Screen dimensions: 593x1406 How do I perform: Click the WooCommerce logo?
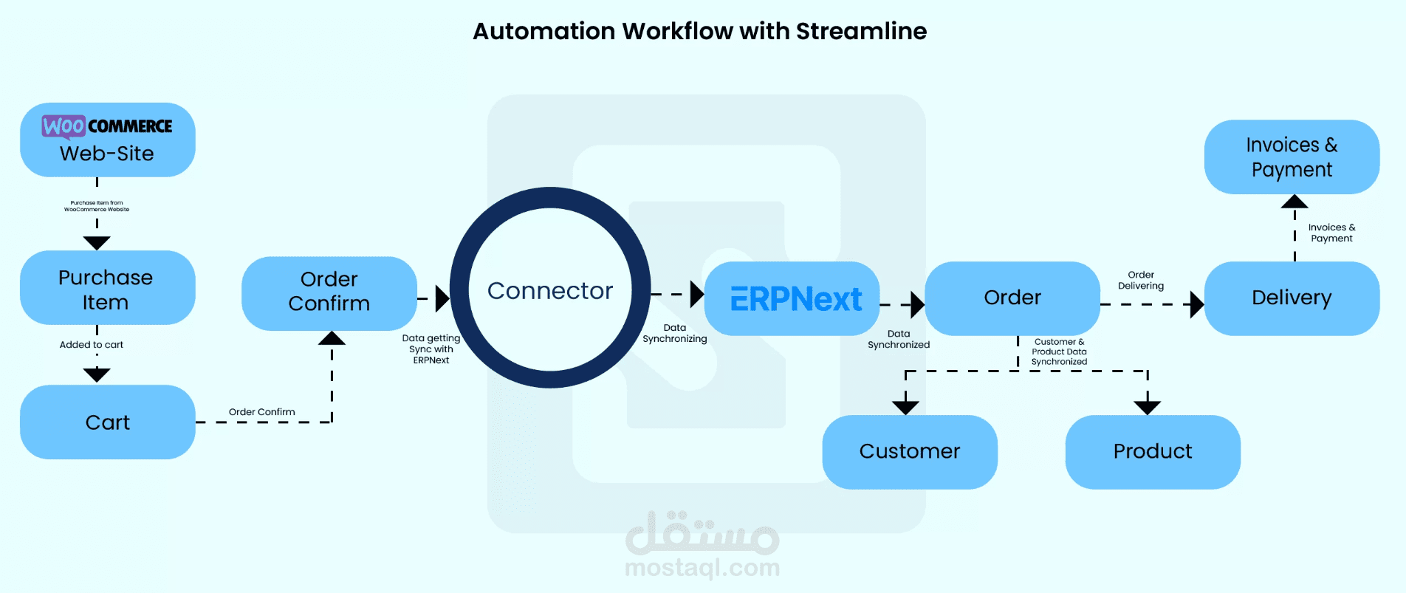(107, 126)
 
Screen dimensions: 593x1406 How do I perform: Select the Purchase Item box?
(107, 289)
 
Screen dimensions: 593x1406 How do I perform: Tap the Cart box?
(107, 422)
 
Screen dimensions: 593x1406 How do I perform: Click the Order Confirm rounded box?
(329, 292)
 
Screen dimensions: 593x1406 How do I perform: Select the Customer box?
(909, 451)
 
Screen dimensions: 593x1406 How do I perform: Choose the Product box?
(1152, 451)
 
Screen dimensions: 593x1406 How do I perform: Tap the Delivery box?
(1292, 298)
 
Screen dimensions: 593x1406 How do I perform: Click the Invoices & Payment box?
(1292, 157)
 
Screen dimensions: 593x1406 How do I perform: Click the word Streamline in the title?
(861, 31)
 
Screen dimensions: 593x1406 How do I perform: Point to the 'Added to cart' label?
(92, 345)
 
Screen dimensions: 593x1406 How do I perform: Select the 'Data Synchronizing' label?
(674, 333)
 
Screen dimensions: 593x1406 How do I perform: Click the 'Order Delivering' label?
(1141, 281)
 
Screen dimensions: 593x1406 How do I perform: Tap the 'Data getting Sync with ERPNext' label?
(431, 349)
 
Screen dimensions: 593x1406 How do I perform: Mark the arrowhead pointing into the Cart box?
(97, 375)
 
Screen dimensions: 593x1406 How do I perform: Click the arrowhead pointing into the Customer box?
(905, 407)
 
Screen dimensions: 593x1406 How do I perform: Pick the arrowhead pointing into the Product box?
(1147, 407)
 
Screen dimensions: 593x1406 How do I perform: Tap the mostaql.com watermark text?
(702, 568)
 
